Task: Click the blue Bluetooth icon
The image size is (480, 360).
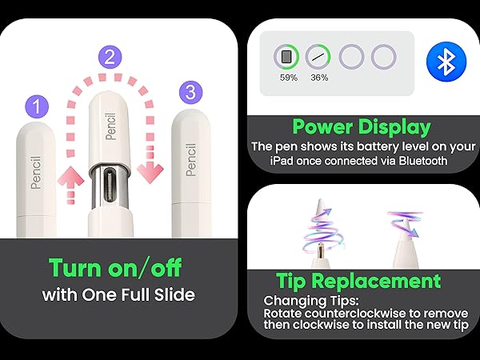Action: click(x=445, y=62)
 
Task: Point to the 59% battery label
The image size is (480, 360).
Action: click(x=287, y=78)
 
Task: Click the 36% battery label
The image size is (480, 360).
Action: click(x=319, y=78)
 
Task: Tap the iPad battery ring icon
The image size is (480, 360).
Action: click(x=286, y=58)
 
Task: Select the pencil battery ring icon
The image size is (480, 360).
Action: click(x=319, y=58)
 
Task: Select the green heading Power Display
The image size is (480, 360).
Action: click(x=361, y=126)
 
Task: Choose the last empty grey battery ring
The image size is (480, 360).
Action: click(x=384, y=58)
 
